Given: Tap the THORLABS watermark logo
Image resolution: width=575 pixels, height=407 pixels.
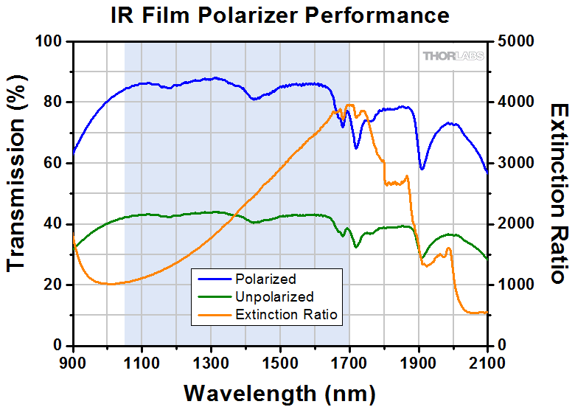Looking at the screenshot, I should point(453,56).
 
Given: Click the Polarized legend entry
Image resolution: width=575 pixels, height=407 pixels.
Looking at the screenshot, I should point(265,279).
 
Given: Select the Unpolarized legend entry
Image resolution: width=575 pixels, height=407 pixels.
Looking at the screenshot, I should point(274,297).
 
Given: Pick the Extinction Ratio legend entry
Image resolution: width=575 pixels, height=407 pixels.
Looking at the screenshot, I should point(286,315).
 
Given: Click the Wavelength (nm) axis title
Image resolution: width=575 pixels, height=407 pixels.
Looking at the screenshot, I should point(279,391).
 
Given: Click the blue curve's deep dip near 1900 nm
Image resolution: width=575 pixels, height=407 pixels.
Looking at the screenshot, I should point(422,169).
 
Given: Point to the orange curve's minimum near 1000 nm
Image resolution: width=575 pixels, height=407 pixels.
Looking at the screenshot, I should point(109,284).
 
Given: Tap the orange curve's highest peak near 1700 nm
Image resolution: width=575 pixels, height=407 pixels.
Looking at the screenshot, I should point(349,105).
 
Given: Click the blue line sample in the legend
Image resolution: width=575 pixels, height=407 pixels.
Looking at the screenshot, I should point(212,279).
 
